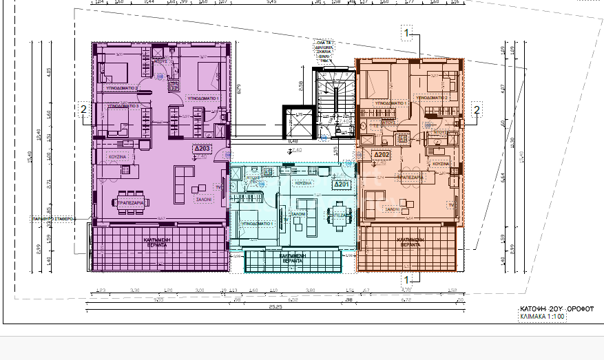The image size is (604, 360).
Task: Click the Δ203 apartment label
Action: tap(201, 149)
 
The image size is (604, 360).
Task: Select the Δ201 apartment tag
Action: tap(342, 184)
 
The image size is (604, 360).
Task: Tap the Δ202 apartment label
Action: tap(382, 155)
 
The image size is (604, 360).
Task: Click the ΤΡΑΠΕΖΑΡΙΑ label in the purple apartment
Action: tap(130, 204)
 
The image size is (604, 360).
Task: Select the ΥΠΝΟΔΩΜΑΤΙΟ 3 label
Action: tap(123, 106)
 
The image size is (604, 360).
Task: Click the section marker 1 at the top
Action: tap(407, 32)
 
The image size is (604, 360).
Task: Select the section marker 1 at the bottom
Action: tap(407, 279)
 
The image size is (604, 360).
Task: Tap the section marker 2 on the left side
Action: tap(83, 109)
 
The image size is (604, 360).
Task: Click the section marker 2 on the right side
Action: tap(476, 109)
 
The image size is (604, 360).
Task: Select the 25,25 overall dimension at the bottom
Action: tap(275, 307)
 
